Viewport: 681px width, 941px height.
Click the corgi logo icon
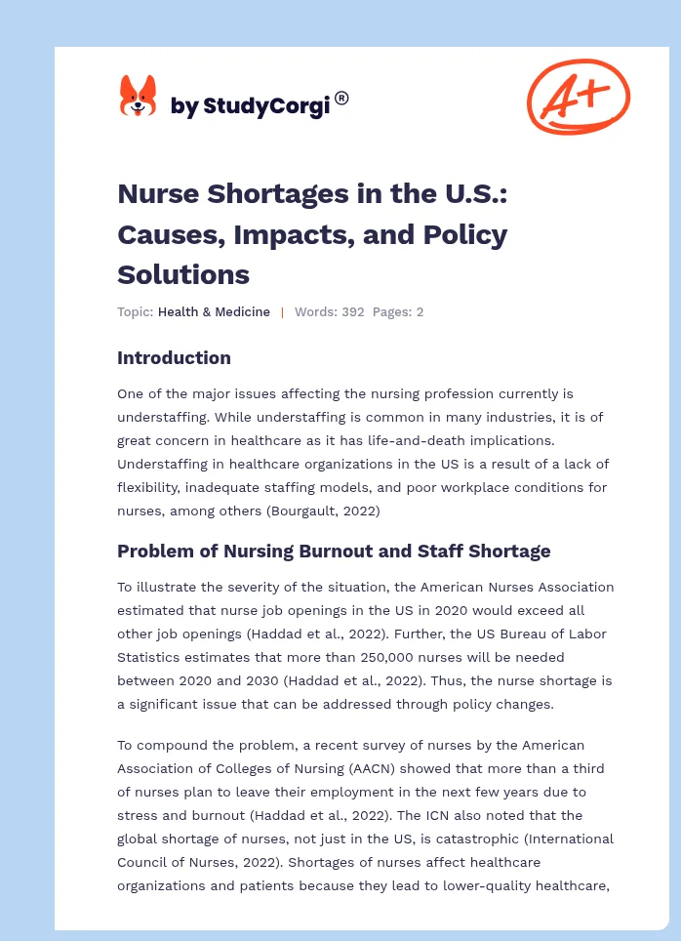[x=138, y=97]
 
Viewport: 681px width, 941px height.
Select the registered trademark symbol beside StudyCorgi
[x=341, y=98]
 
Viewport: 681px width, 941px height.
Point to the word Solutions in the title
[x=183, y=274]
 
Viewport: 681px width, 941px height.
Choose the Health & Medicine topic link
[x=214, y=312]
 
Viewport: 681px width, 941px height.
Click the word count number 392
[x=351, y=312]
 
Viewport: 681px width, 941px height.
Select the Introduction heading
[x=174, y=357]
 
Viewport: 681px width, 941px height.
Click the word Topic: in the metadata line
[x=135, y=312]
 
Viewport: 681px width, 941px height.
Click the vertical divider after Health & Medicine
[x=282, y=312]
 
